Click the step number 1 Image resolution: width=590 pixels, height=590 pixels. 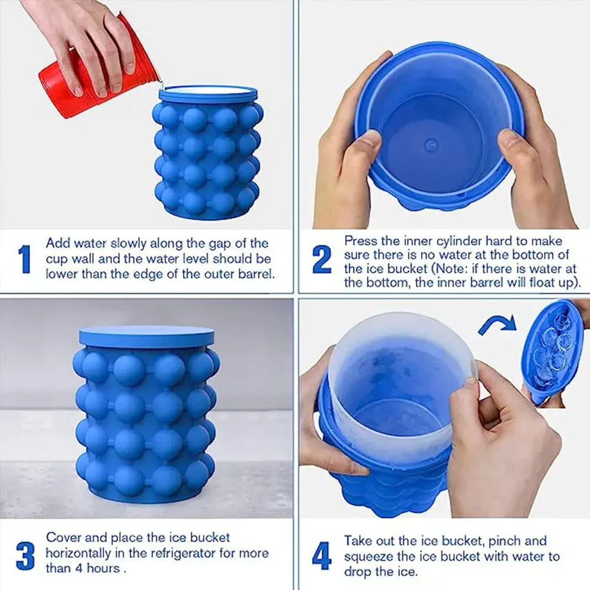[24, 259]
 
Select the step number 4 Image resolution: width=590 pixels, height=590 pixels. [322, 556]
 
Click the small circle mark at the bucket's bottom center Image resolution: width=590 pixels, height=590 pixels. [431, 143]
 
